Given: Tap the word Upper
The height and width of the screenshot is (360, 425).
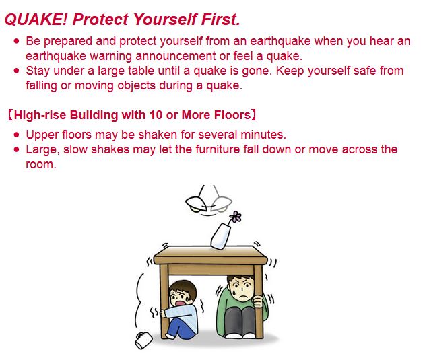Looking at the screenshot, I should [x=42, y=135].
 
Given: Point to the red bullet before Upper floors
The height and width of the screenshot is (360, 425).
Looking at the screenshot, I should [x=16, y=135].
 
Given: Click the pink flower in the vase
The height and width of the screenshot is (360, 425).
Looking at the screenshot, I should [x=235, y=217].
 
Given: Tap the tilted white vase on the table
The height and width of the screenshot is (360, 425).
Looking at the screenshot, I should [x=222, y=235].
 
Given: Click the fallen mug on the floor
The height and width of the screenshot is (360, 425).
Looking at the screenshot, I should [x=144, y=340].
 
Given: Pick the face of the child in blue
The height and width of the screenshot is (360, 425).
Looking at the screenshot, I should [x=181, y=297].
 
